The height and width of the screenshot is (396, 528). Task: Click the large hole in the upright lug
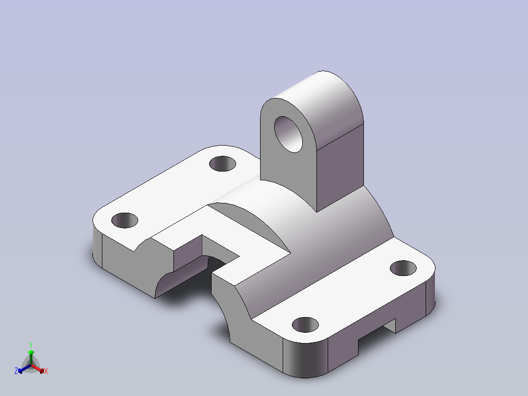pos(288,134)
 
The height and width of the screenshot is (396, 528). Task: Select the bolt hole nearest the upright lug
pos(222,164)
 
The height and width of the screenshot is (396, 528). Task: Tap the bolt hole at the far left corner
pos(124,221)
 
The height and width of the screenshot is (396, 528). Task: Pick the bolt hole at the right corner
pos(403,268)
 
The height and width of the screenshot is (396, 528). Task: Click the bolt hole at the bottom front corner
pos(305,325)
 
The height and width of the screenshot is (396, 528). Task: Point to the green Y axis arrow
pos(31,357)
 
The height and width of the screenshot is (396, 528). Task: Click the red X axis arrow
pos(38,369)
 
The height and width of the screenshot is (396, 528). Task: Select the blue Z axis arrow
pos(24,369)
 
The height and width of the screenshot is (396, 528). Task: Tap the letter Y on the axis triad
pos(31,345)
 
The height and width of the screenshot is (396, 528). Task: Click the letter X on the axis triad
pos(46,371)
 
